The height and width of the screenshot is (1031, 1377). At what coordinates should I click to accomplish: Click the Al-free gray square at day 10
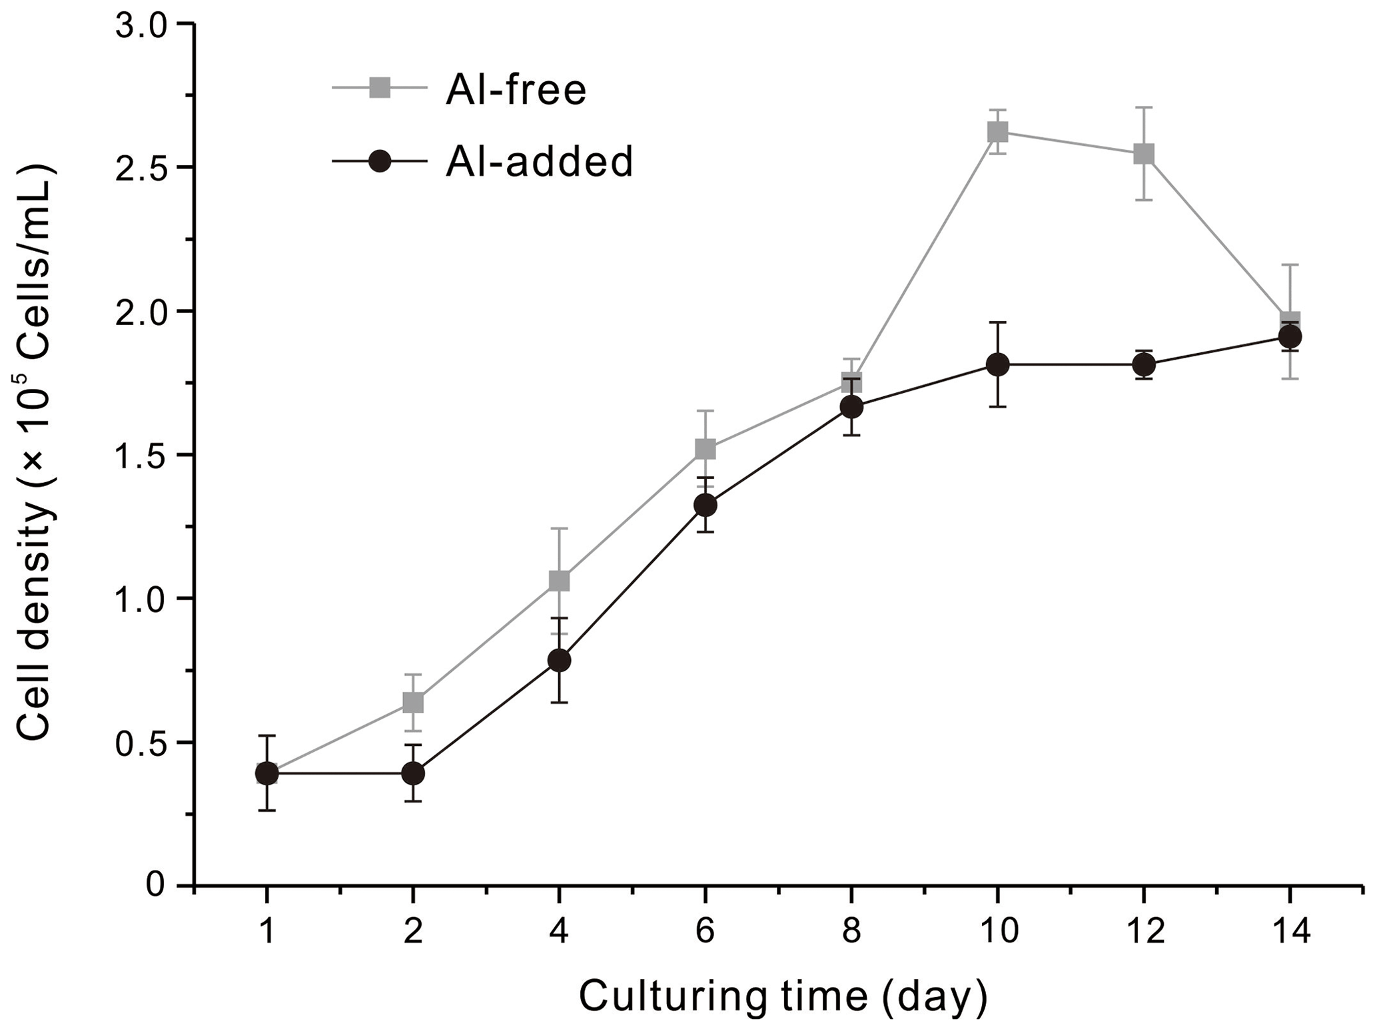(997, 132)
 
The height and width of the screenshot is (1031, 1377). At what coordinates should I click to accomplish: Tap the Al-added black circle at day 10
(997, 364)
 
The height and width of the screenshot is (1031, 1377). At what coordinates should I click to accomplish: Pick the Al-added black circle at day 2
(413, 773)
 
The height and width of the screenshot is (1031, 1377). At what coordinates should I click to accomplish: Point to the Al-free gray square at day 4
(559, 581)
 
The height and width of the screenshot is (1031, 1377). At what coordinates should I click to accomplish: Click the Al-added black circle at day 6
(705, 505)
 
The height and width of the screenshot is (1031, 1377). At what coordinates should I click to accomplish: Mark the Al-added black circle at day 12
(1143, 364)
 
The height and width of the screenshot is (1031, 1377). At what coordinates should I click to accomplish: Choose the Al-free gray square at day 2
(413, 703)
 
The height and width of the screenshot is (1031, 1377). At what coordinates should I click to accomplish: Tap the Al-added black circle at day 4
(559, 660)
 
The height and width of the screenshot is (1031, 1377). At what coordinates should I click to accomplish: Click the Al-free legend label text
(516, 89)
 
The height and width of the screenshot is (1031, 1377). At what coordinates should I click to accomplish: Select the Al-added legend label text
(539, 161)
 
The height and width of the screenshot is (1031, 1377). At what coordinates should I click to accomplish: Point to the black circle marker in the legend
(380, 161)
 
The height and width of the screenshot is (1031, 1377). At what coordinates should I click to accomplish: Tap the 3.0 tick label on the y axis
(145, 25)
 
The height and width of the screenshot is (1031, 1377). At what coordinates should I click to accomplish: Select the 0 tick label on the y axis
(156, 886)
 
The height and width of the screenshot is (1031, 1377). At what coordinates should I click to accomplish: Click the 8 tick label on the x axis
(851, 931)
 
